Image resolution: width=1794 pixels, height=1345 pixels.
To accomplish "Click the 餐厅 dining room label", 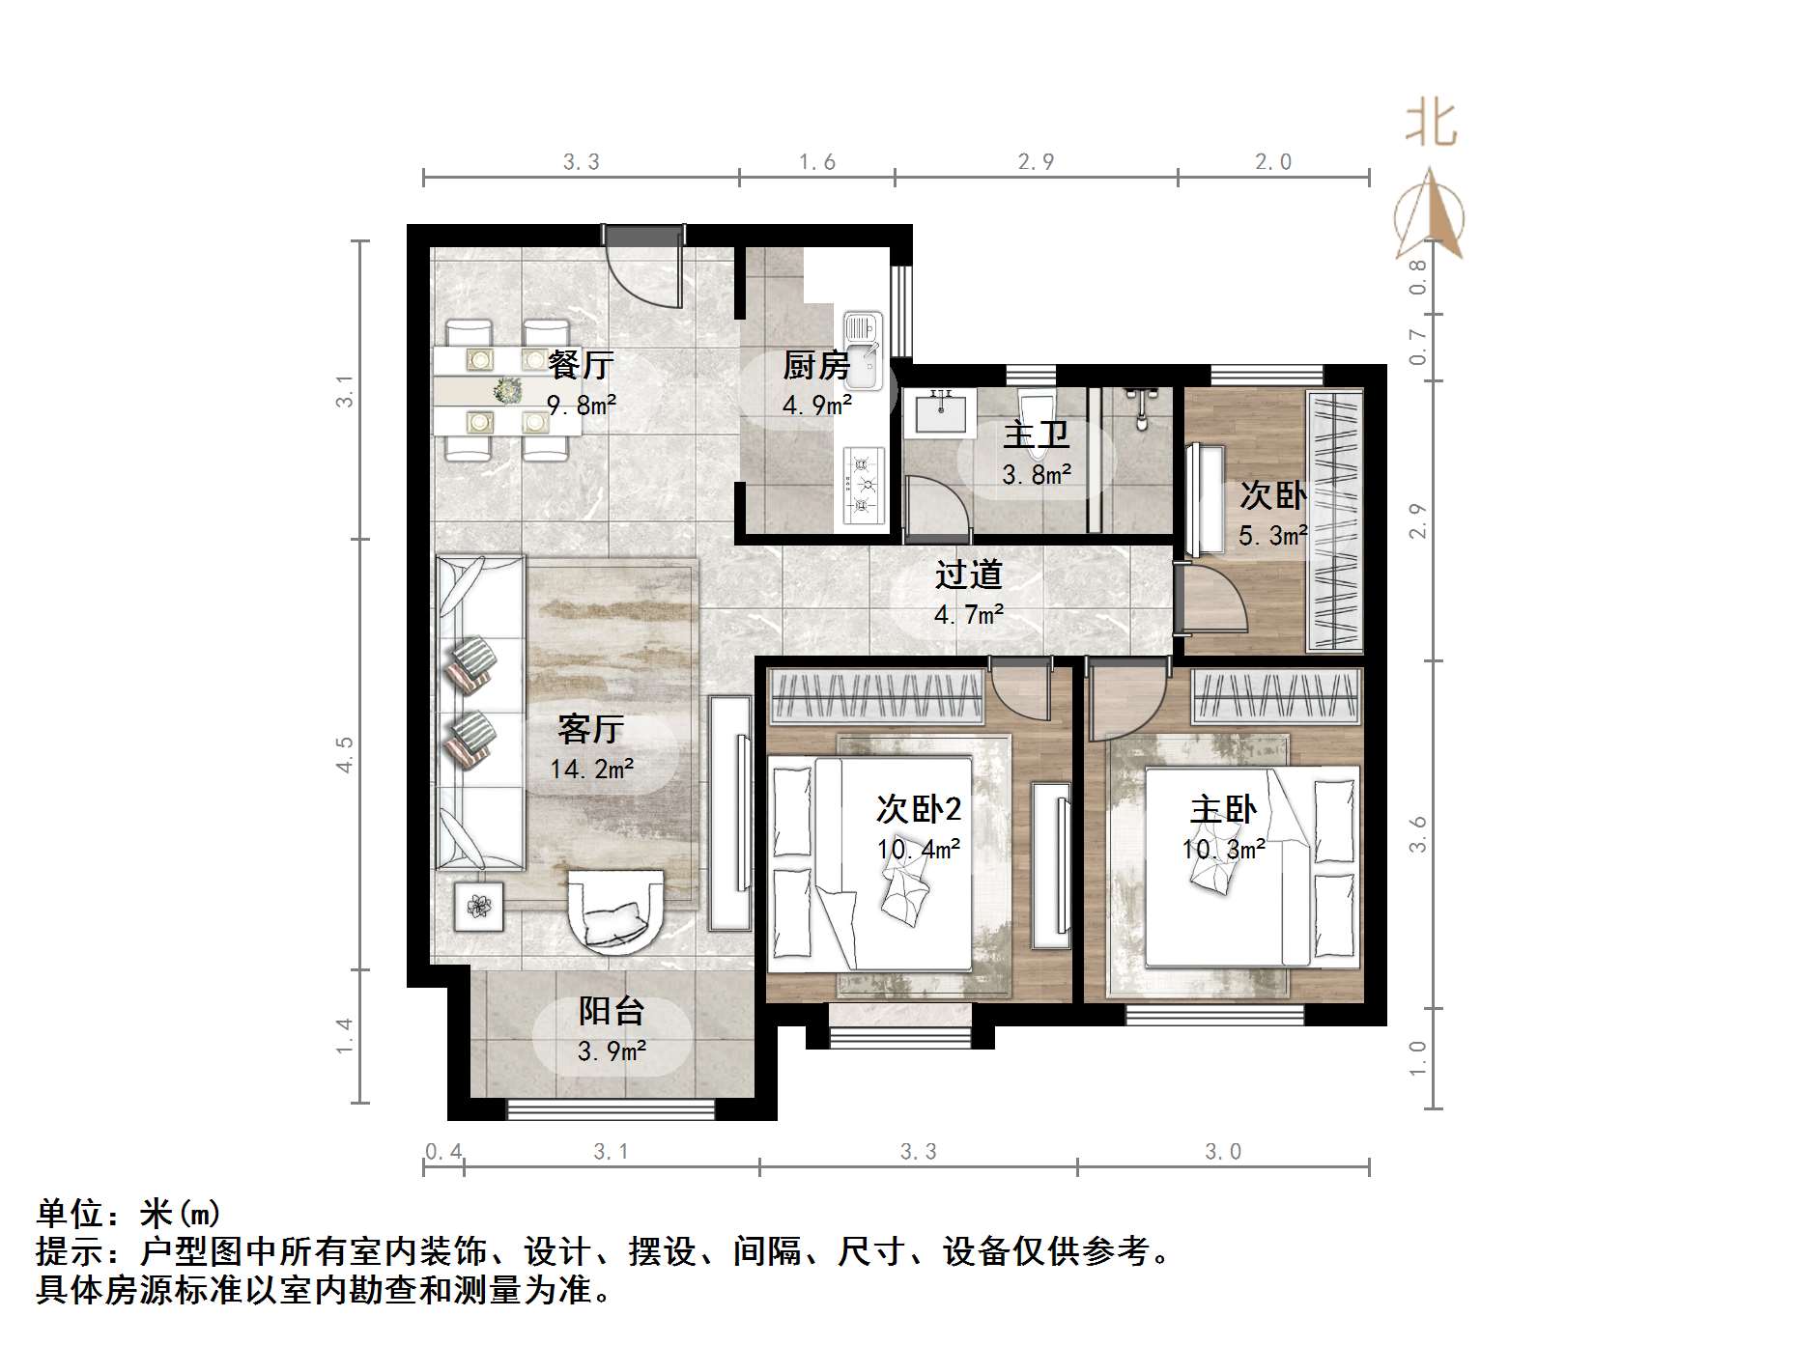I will (x=581, y=365).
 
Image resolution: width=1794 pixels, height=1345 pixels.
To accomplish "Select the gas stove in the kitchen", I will (x=864, y=486).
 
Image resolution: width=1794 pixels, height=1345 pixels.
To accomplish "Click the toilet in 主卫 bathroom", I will (x=1037, y=415).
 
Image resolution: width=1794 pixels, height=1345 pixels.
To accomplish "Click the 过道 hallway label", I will (x=968, y=575).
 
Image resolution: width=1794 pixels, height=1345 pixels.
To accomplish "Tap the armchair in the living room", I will (x=617, y=911).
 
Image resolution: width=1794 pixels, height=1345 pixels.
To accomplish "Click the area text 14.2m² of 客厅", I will (x=591, y=770).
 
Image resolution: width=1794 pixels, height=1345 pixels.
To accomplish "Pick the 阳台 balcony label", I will (x=612, y=1012).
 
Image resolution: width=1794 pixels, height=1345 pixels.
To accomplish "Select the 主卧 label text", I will (x=1223, y=809).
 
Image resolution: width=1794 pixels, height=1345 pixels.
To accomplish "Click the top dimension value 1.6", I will (x=817, y=162).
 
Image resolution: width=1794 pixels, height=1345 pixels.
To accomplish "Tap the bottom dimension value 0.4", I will (x=443, y=1152).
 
